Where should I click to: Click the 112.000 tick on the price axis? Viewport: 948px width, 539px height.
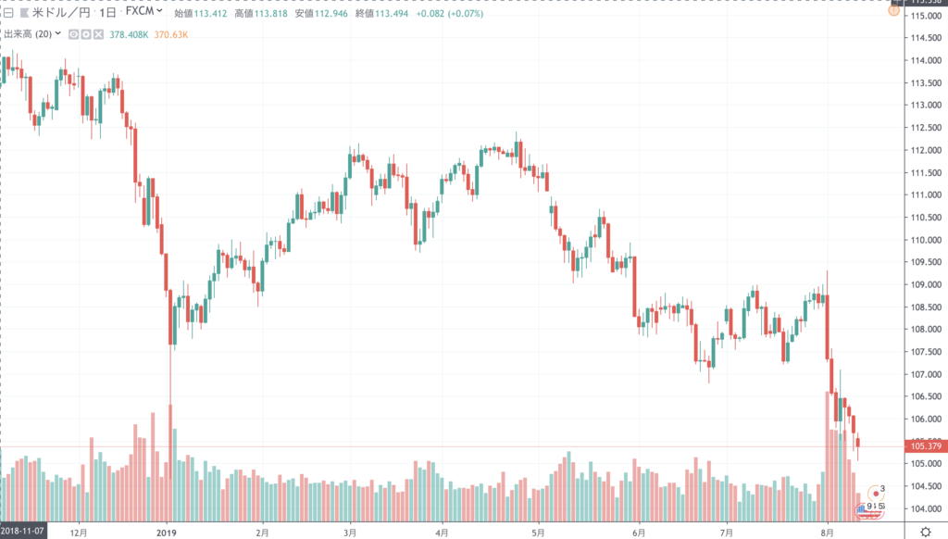(926, 150)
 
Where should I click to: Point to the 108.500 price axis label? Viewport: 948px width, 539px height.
(926, 307)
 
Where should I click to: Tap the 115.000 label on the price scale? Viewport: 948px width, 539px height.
(926, 16)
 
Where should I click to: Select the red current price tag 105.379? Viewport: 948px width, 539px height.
(926, 446)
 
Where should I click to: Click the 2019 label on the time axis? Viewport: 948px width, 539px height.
(166, 532)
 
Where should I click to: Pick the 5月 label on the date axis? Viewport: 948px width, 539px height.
(539, 532)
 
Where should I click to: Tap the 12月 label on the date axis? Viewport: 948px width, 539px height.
(79, 532)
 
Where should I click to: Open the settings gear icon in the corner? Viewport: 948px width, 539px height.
(925, 532)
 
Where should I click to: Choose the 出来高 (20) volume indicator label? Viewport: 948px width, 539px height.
(32, 33)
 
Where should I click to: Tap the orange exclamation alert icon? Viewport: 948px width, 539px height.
(893, 12)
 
